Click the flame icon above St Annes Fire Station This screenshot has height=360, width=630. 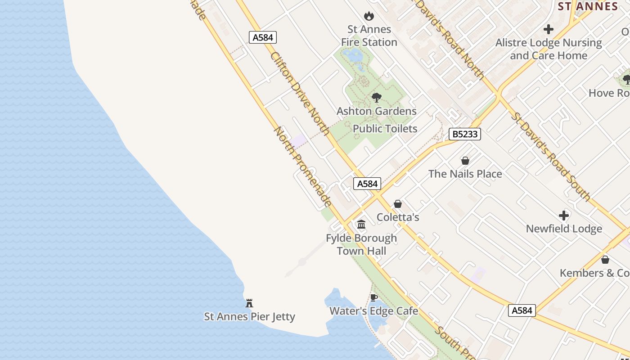(x=369, y=16)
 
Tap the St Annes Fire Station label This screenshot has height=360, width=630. (x=369, y=36)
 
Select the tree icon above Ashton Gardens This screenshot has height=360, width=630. (x=377, y=98)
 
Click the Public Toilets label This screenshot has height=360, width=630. (x=385, y=129)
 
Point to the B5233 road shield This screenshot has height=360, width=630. (x=465, y=134)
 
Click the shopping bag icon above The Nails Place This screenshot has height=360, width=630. (x=465, y=161)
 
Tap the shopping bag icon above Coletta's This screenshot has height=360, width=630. (x=398, y=204)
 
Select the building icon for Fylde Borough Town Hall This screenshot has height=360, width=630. (x=361, y=224)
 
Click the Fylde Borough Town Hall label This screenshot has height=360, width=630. (x=361, y=244)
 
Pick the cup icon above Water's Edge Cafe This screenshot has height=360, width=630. (x=373, y=297)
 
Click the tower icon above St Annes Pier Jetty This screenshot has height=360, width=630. (x=249, y=303)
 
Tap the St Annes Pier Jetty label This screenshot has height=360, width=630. (x=250, y=317)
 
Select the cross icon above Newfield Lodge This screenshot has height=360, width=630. (x=564, y=216)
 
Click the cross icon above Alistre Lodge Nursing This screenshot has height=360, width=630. (x=548, y=30)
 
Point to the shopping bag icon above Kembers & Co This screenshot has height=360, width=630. (x=605, y=260)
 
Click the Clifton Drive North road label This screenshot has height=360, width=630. (x=300, y=93)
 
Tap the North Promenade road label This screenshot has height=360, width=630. (x=303, y=166)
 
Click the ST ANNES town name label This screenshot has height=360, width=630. (x=588, y=6)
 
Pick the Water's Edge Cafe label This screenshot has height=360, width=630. (x=373, y=311)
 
